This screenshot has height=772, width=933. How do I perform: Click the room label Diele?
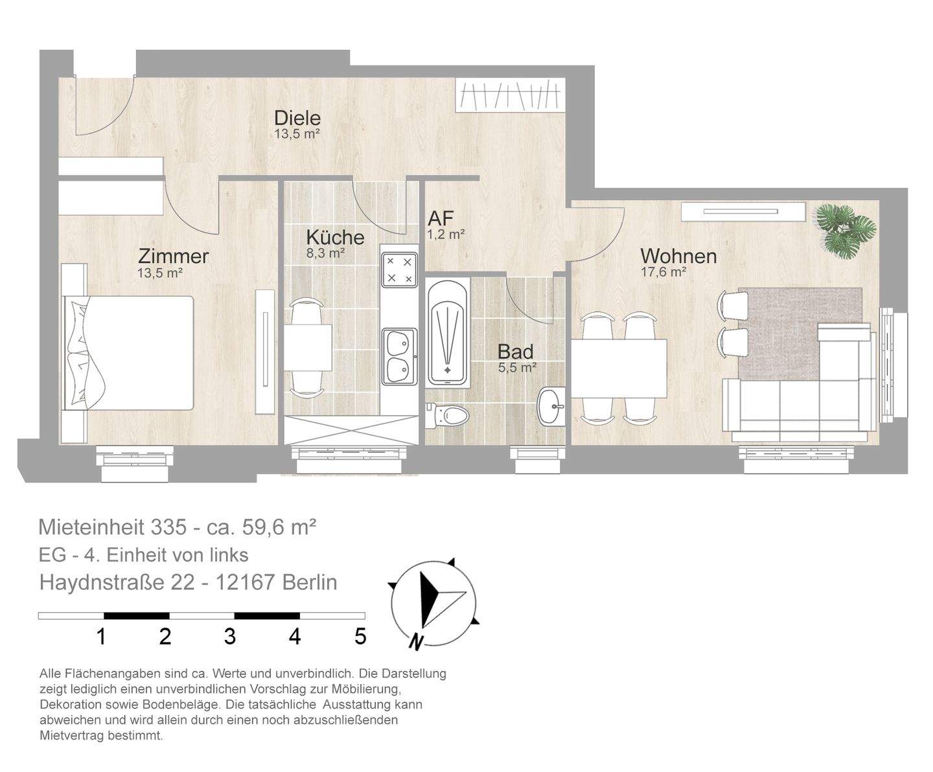click(297, 118)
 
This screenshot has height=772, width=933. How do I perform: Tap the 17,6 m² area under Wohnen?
click(663, 273)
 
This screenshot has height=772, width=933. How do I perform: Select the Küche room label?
click(335, 237)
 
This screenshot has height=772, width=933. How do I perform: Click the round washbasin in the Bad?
click(551, 407)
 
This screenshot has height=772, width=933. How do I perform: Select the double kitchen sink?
click(398, 356)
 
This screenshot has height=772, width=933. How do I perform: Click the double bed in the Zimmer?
click(130, 353)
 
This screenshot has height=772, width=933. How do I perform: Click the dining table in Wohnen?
click(619, 368)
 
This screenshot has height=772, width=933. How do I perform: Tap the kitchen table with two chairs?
click(308, 348)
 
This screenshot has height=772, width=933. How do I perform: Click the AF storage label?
click(441, 218)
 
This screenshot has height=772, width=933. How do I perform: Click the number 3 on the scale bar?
click(230, 637)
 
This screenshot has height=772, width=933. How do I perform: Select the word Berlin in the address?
click(310, 582)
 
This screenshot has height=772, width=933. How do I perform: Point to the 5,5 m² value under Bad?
click(516, 368)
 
